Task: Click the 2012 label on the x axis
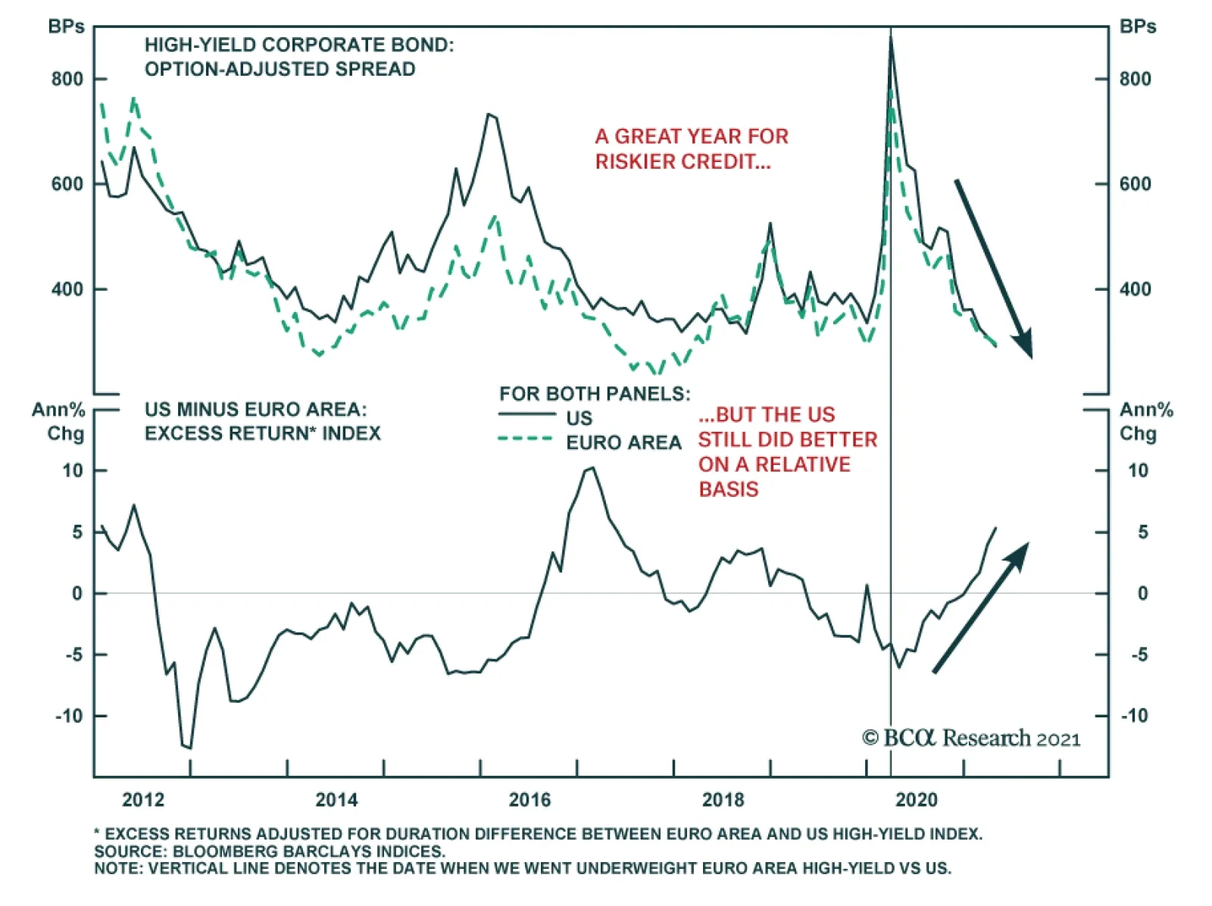[143, 800]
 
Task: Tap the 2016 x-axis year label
[529, 800]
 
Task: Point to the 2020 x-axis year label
[916, 800]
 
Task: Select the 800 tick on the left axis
[67, 80]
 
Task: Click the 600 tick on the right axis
[1135, 184]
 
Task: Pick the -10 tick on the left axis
[69, 716]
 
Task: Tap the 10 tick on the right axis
[1138, 470]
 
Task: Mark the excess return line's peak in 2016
[592, 468]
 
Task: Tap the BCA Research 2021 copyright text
[971, 739]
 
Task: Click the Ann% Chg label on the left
[59, 421]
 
